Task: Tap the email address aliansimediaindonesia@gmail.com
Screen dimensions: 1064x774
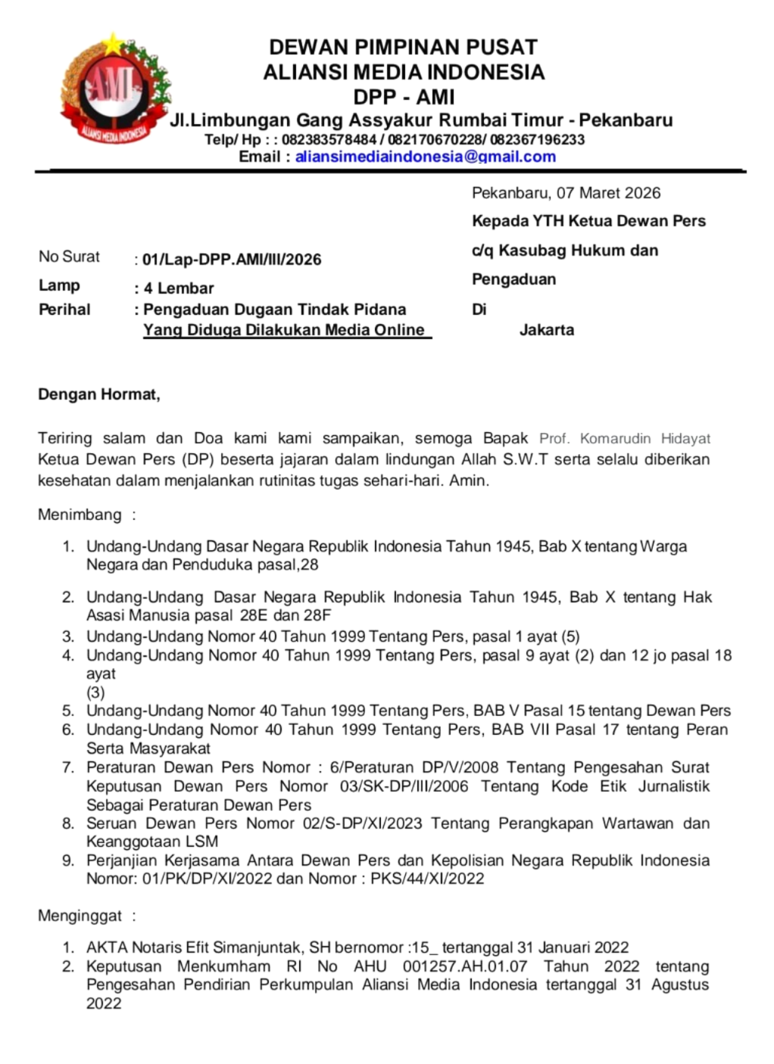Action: click(x=425, y=157)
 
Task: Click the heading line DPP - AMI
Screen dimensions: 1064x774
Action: click(x=404, y=97)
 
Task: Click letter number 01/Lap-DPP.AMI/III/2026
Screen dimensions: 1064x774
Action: click(x=232, y=260)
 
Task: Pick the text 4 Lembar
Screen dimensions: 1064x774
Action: click(x=179, y=288)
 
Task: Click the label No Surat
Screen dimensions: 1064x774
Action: click(x=69, y=257)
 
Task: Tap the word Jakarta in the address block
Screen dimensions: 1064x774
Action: click(x=546, y=330)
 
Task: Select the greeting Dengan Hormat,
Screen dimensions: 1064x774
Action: click(x=99, y=394)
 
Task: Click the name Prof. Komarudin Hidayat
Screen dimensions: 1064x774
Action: click(x=624, y=439)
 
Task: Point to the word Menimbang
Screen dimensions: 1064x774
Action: click(x=80, y=515)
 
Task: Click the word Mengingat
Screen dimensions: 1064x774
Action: click(x=80, y=916)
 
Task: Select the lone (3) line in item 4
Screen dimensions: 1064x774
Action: click(x=95, y=692)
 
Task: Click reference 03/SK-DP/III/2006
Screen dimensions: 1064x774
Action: click(x=404, y=786)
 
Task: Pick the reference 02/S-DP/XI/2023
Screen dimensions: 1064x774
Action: click(x=362, y=823)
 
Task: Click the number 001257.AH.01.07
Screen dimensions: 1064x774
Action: click(x=465, y=966)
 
